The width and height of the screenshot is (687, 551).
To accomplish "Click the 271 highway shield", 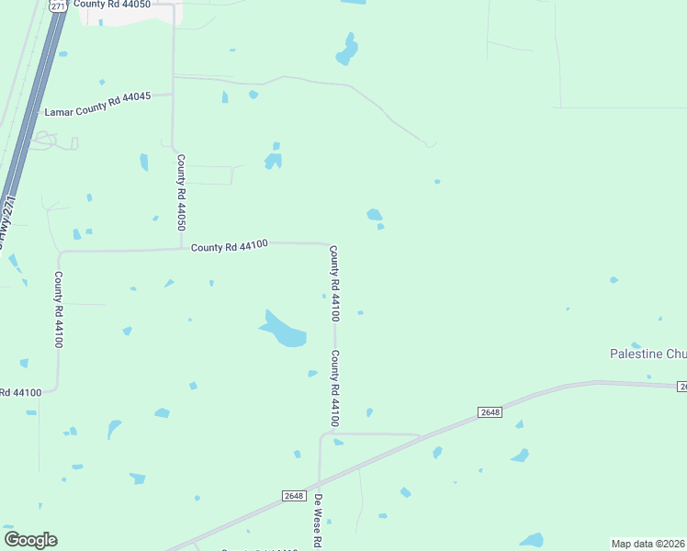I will [58, 6].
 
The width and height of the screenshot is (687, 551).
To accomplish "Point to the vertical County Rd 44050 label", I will [182, 192].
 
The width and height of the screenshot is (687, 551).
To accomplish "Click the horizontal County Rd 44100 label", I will [229, 246].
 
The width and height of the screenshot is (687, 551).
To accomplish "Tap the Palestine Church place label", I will [648, 354].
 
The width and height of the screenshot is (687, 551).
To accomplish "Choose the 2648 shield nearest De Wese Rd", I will [294, 496].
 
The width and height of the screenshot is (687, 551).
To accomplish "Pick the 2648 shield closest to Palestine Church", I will [490, 412].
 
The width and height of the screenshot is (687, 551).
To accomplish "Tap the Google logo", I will [30, 540].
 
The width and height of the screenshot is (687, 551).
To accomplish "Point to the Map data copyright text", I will [648, 544].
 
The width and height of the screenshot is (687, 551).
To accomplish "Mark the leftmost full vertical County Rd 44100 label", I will [59, 309].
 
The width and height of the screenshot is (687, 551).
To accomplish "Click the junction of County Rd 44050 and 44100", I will [180, 248].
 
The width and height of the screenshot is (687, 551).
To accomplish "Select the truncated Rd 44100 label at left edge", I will [20, 393].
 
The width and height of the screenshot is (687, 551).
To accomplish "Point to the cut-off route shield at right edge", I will [682, 388].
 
